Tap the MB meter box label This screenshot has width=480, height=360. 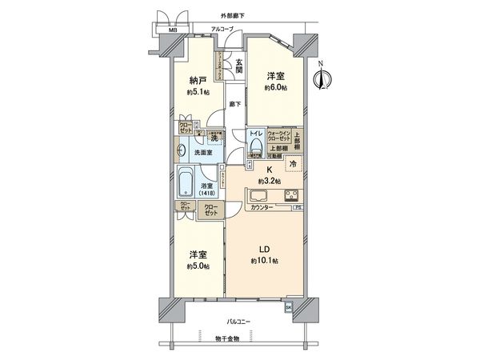pyautogui.click(x=170, y=30)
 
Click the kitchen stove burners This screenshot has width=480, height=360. pyautogui.click(x=289, y=197)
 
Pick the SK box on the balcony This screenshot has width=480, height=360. pyautogui.click(x=288, y=306)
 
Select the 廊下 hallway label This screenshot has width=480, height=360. pyautogui.click(x=234, y=104)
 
